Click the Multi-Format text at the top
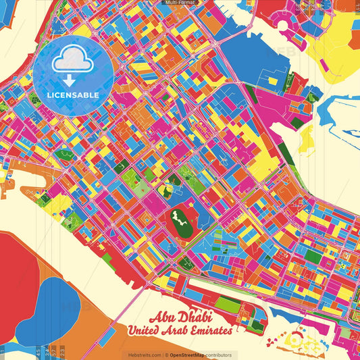point(180,3)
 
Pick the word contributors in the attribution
point(218,355)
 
